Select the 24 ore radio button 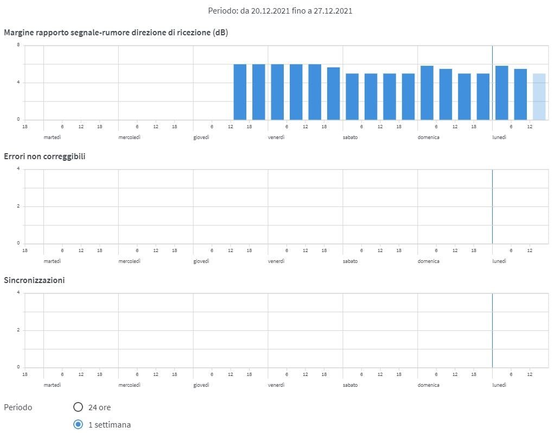[78, 407]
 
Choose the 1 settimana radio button [78, 424]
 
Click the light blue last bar [539, 97]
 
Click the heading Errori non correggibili [44, 156]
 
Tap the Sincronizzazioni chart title [34, 280]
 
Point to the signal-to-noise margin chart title [116, 33]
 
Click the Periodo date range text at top [280, 10]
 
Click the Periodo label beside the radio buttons [18, 407]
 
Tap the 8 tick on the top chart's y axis [18, 45]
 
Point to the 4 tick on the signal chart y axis [18, 83]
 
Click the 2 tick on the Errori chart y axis [18, 206]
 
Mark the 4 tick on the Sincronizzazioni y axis [18, 293]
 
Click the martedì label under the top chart [52, 137]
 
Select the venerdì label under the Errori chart [276, 261]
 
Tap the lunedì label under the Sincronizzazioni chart [499, 385]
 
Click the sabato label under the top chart [350, 137]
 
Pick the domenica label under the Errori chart [428, 261]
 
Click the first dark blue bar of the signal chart [240, 92]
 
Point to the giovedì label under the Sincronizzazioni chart [201, 385]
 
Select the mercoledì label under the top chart [129, 137]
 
